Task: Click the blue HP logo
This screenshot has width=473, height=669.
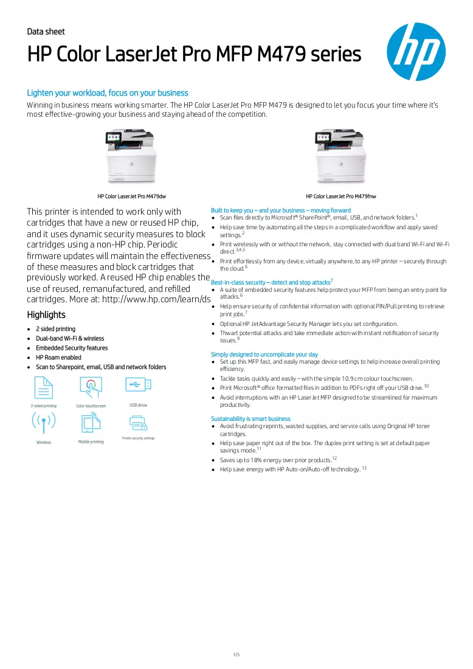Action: point(416,52)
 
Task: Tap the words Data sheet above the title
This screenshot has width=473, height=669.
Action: point(46,32)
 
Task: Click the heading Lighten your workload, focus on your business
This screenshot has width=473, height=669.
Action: point(108,93)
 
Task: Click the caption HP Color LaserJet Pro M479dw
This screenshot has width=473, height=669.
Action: point(131,196)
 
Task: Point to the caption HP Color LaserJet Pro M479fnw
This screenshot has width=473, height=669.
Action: point(341,196)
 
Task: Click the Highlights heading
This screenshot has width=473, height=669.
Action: point(46,315)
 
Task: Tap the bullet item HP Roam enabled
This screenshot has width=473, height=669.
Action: point(58,358)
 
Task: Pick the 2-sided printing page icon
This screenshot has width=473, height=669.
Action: point(44,387)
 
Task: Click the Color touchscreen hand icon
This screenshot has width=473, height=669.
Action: point(91,387)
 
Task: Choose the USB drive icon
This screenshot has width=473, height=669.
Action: point(138,385)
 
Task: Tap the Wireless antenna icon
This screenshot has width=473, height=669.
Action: point(44,423)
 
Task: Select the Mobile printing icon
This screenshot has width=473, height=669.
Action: point(91,423)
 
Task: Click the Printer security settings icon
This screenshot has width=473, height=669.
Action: point(138,423)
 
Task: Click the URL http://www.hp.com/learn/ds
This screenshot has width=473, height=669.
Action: point(156,299)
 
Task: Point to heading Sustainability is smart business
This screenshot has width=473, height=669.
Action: point(250,419)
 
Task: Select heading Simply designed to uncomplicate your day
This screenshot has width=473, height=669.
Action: point(264,355)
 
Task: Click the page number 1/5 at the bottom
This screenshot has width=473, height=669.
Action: point(236,654)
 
